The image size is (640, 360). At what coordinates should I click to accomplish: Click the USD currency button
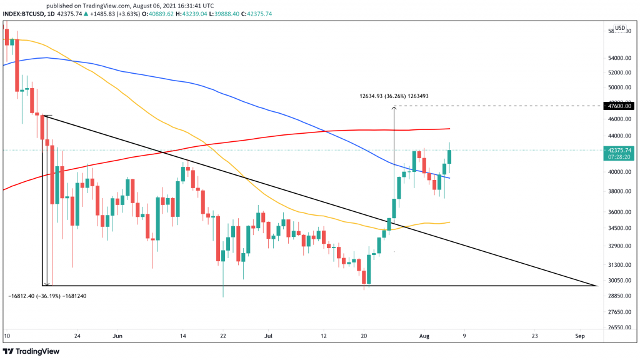coord(620,28)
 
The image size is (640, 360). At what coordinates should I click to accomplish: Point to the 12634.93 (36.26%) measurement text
coord(394,96)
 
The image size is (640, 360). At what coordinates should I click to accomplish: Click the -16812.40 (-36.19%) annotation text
coord(47,296)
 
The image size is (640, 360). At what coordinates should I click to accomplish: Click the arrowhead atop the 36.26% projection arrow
coord(394,108)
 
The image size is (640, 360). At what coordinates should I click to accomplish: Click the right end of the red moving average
coord(450,129)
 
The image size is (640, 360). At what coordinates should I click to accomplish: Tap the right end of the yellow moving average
coord(450,222)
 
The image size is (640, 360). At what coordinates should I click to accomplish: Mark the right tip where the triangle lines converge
coord(596,286)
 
